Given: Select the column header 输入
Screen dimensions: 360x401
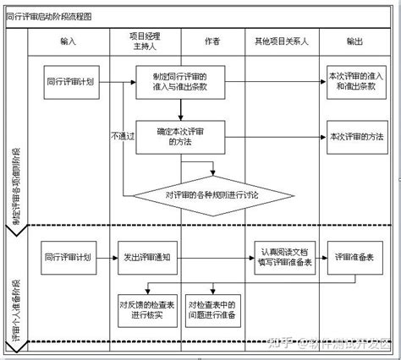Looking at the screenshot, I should [x=69, y=41].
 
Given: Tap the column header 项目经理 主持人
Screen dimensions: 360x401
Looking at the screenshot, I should [x=144, y=41].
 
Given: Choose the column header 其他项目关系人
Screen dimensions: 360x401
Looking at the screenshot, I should [x=281, y=41].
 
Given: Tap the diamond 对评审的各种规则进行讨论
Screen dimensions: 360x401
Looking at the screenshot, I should [x=213, y=195].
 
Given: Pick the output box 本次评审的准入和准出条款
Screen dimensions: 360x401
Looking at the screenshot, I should [x=354, y=82].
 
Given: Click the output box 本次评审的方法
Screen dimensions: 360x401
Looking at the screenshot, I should [x=354, y=136].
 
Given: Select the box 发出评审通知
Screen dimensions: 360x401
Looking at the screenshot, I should [x=143, y=258].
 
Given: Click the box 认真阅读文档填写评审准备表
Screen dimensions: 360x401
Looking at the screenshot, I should [x=284, y=258].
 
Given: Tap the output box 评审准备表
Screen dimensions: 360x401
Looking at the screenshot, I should [x=356, y=258].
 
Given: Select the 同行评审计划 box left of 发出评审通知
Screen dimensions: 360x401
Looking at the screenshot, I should [x=69, y=258].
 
